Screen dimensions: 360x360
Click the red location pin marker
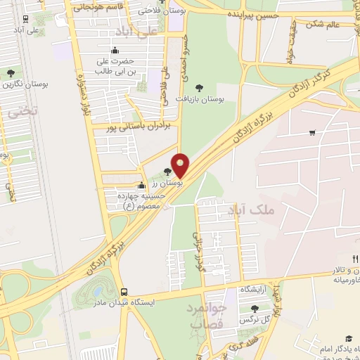click(x=181, y=165)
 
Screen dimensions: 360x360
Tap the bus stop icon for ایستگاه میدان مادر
click(x=124, y=292)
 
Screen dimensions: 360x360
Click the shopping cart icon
click(x=311, y=132)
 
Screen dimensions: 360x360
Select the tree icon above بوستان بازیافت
click(x=199, y=88)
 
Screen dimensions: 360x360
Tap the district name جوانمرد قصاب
click(x=204, y=316)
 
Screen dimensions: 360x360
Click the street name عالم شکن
click(x=323, y=24)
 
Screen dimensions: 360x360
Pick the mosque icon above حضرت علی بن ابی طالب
click(x=115, y=50)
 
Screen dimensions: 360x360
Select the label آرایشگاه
click(x=257, y=289)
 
